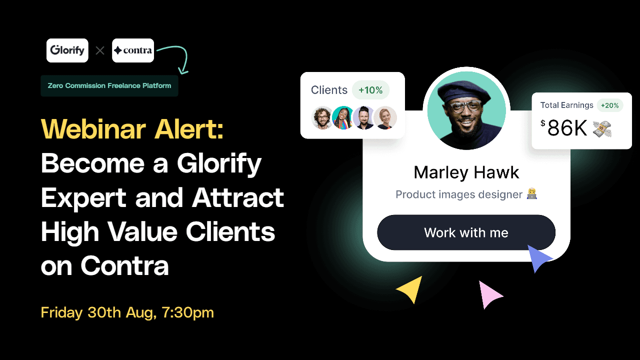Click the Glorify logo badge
point(67,50)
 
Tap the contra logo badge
point(133,50)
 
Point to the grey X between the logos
point(100,51)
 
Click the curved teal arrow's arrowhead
point(183,70)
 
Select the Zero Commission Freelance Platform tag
point(109,85)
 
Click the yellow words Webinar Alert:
point(132,129)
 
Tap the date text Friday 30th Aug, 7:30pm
point(127,312)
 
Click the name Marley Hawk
point(466,172)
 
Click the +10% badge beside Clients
point(370,90)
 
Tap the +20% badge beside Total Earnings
point(609,105)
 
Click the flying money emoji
point(602,129)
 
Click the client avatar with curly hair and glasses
point(322,117)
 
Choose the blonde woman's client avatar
point(385,117)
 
